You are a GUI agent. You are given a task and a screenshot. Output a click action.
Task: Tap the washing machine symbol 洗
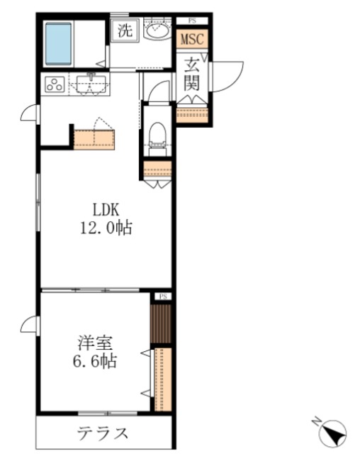coord(125,32)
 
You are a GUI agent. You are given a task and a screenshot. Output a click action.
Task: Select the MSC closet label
coord(192,39)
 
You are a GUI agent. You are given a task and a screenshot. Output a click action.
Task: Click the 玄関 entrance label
coord(193,73)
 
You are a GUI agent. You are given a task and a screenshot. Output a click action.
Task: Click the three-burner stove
coord(55,84)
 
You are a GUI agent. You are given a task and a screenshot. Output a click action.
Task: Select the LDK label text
coord(107,209)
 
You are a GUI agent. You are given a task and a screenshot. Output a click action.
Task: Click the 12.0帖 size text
coord(107,228)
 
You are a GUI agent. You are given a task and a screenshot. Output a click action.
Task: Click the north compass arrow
coord(333,431)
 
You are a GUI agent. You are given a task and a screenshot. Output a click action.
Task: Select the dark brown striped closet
coord(162,323)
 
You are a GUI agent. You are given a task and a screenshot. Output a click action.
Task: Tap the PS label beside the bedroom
coord(162,296)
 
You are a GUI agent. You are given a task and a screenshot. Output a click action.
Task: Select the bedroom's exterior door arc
coord(30,323)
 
